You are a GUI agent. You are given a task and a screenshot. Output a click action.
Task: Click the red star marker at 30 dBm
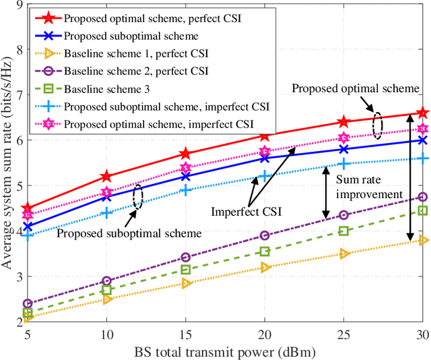422,113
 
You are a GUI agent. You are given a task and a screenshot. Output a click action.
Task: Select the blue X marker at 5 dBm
27,227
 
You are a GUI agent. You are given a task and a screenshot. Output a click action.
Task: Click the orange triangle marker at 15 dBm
185,283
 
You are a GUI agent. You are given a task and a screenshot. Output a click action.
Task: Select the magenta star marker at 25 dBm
343,138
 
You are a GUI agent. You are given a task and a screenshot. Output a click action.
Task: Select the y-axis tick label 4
15,231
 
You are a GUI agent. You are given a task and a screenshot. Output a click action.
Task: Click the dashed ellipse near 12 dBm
138,196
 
